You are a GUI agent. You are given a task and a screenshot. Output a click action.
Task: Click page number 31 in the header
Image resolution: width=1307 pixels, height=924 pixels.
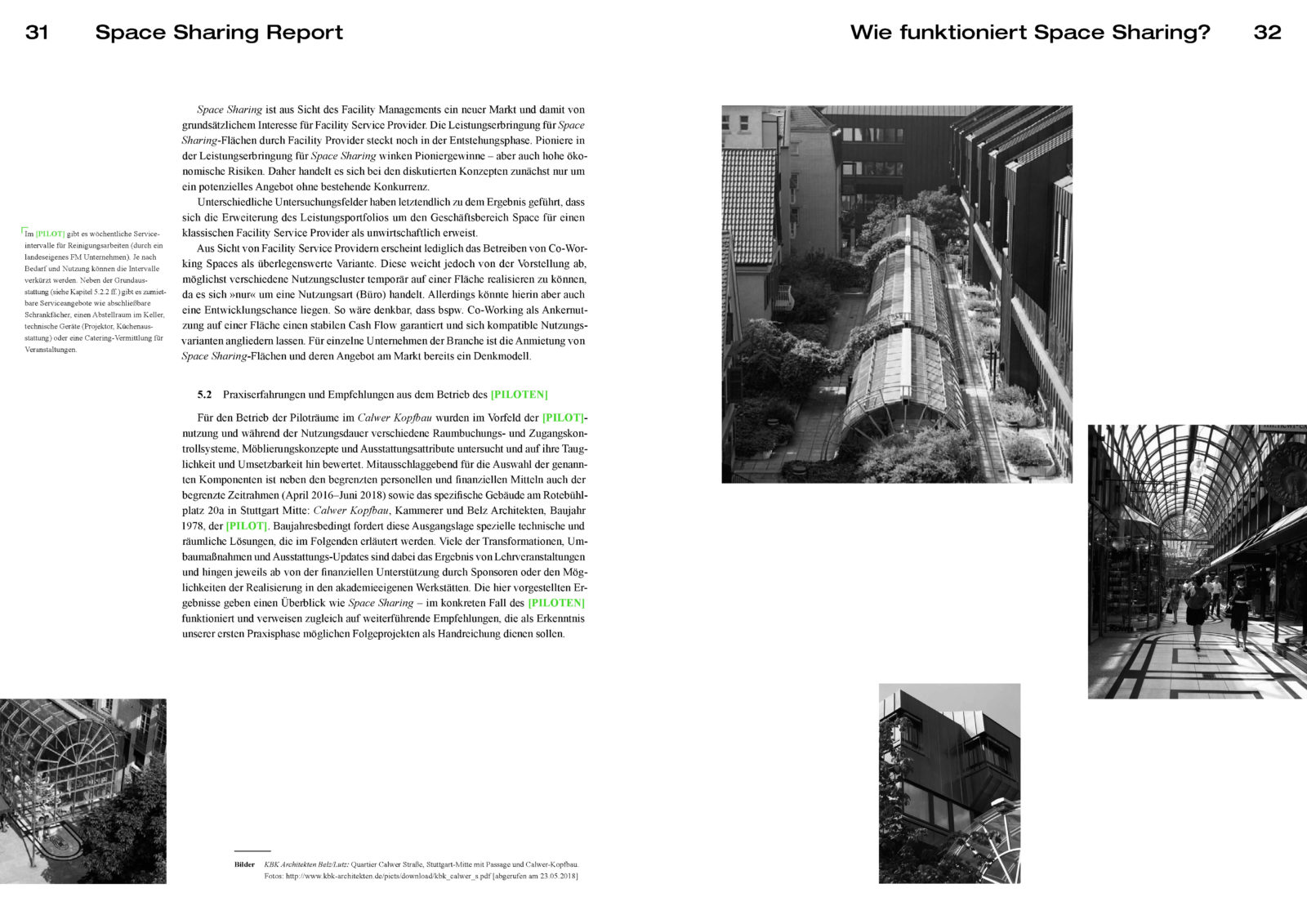pos(37,33)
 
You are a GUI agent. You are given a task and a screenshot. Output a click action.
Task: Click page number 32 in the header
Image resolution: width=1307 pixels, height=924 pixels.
pos(1267,33)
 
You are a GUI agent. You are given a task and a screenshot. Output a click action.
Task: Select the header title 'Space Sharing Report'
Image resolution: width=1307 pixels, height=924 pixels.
pos(219,33)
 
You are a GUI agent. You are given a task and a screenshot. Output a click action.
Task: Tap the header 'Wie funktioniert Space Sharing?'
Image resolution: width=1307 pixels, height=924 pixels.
pos(1030,33)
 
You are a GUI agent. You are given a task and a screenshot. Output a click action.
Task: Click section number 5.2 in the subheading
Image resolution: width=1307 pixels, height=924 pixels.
pos(204,395)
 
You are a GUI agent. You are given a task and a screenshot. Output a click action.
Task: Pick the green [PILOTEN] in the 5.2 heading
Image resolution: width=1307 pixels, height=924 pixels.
pos(519,395)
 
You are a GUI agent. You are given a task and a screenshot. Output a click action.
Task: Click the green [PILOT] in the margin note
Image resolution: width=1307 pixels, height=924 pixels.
pos(50,234)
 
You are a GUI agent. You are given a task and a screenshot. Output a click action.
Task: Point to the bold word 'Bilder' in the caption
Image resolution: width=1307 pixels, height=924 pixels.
pos(244,864)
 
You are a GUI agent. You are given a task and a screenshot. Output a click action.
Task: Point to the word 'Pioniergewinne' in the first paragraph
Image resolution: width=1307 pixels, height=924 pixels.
pos(458,155)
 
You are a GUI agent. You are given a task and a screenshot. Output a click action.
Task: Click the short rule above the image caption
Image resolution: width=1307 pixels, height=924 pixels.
pos(252,851)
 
